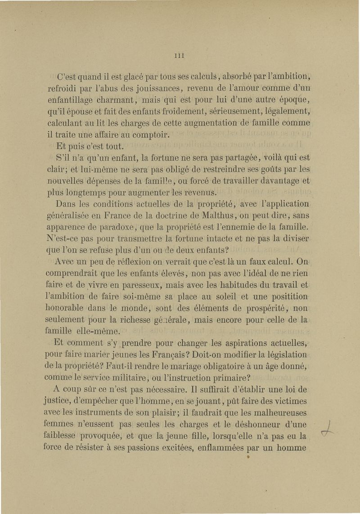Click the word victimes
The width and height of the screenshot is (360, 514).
[x=284, y=401]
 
